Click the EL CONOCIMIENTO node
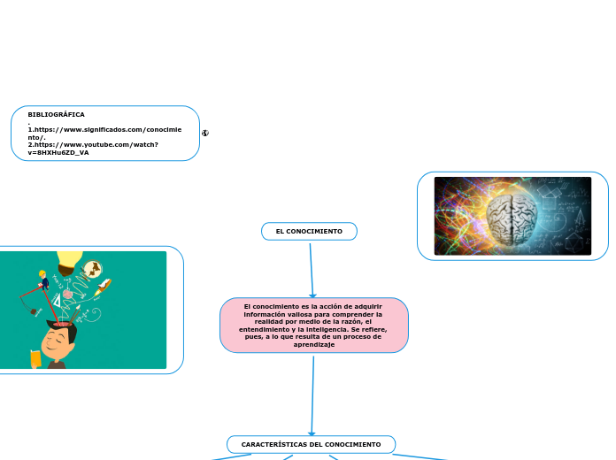[x=309, y=232]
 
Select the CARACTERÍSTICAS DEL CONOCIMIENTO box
[x=311, y=444]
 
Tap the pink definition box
[x=313, y=325]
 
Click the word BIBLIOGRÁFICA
[x=57, y=115]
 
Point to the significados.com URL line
[x=104, y=129]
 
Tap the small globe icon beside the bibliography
[x=205, y=134]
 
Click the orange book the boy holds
[x=35, y=358]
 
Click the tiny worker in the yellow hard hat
[x=42, y=276]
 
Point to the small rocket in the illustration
[x=104, y=285]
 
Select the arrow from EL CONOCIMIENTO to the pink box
[x=312, y=270]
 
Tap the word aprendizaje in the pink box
[x=313, y=344]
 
